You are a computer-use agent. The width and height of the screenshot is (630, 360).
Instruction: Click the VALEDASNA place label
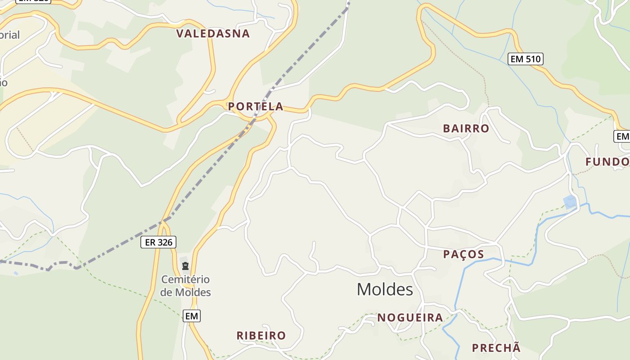pos(213,34)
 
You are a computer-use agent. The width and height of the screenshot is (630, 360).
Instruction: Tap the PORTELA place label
pos(255,107)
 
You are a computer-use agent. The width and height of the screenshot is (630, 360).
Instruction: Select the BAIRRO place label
pos(466,129)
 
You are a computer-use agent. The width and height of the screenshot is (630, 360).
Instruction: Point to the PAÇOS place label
pos(463,254)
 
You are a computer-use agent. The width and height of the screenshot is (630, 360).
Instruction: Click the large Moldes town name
pos(385,289)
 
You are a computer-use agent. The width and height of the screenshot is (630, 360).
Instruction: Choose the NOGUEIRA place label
pos(410,318)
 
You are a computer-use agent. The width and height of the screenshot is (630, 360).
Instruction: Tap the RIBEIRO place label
pos(261,336)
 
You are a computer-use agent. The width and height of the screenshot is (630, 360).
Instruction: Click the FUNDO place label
pos(607,162)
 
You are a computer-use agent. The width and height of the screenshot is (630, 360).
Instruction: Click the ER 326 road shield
pos(158,242)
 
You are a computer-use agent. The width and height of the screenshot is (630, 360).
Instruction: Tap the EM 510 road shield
pos(525,59)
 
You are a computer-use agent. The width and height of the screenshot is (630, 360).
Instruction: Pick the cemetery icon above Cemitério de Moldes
pos(185,266)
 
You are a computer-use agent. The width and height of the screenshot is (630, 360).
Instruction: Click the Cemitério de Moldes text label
pos(185,286)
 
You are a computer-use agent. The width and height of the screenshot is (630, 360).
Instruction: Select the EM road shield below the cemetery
pos(191,316)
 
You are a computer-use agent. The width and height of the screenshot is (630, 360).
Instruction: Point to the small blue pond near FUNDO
pos(570,202)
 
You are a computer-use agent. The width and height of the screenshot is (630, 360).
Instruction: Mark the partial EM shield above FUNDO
pos(622,136)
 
